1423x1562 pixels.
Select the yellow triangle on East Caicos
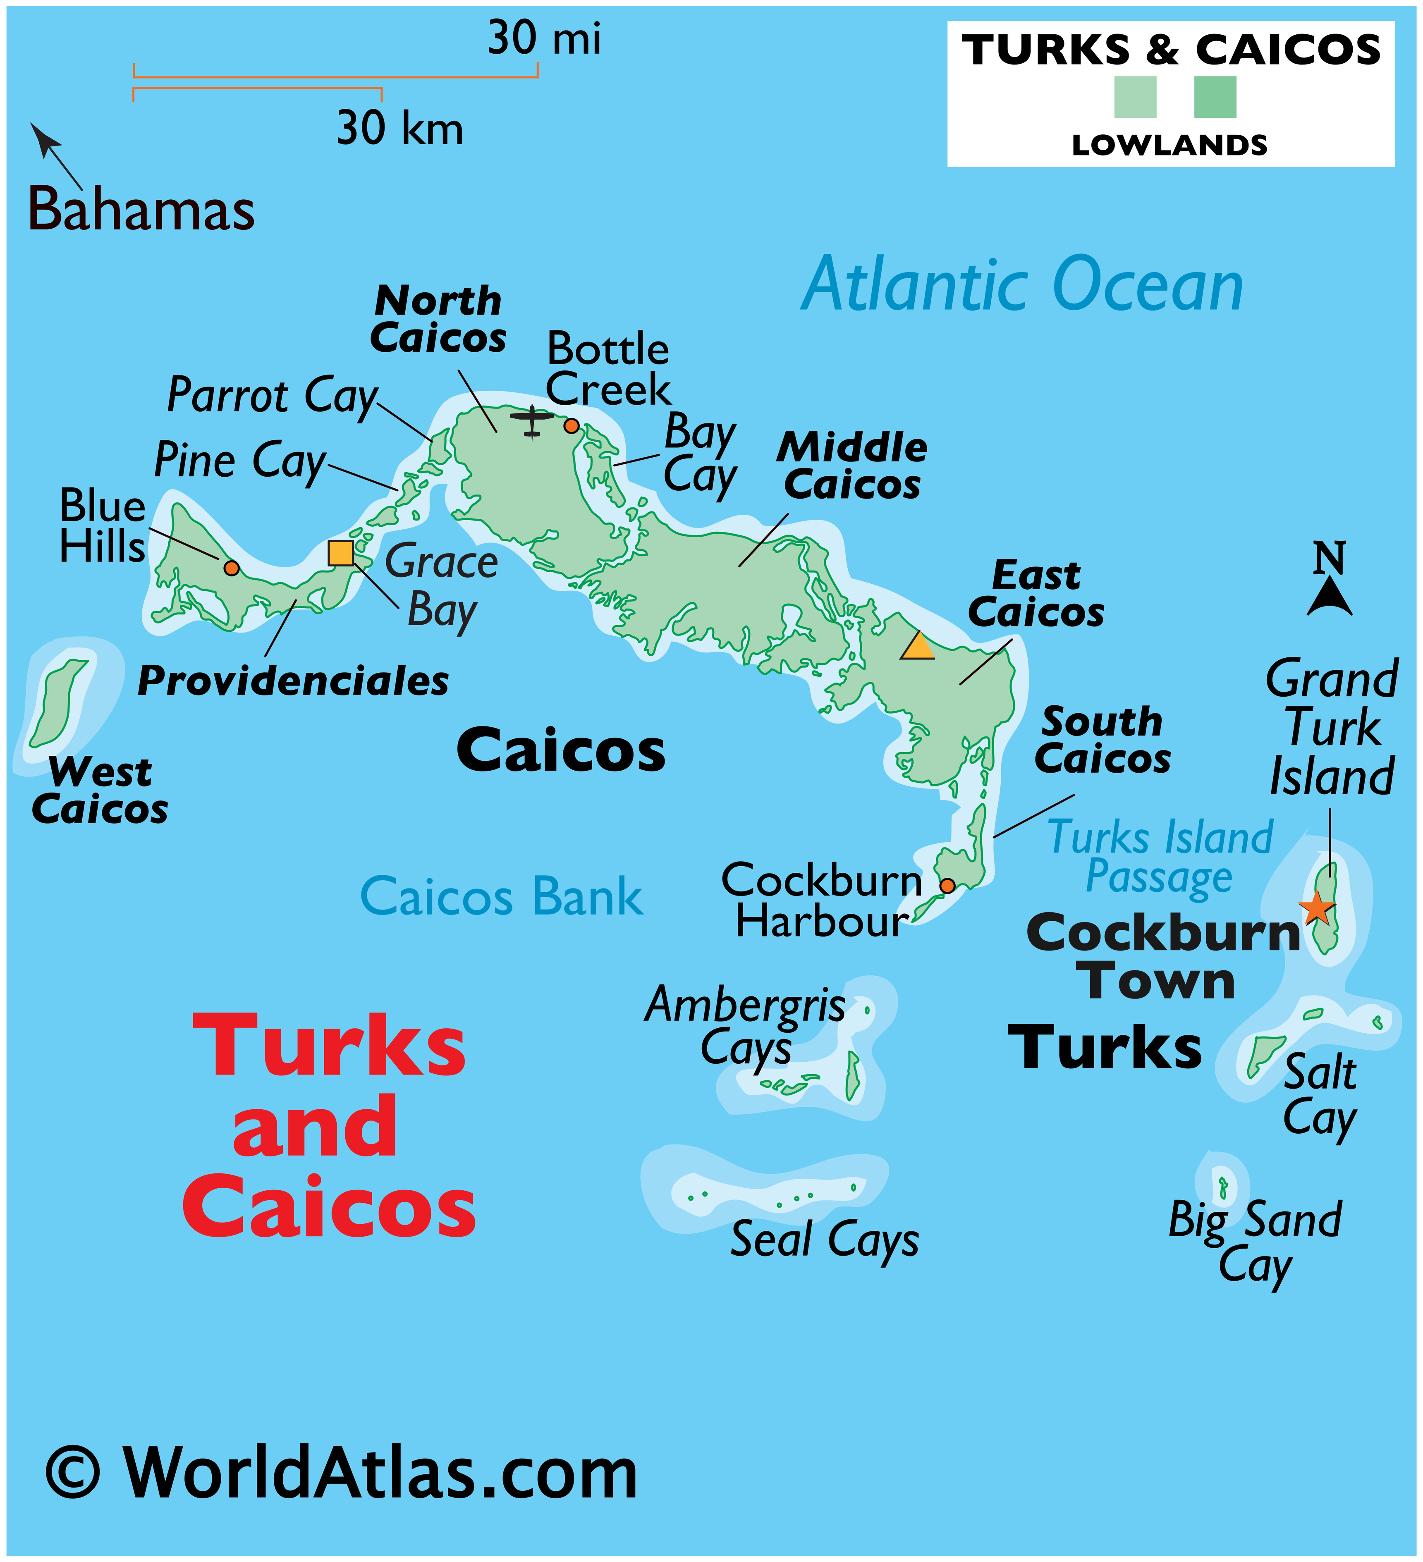pyautogui.click(x=918, y=646)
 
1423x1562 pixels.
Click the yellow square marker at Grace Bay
pyautogui.click(x=341, y=553)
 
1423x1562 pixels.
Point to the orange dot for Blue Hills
pyautogui.click(x=231, y=568)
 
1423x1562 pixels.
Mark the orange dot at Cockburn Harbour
pyautogui.click(x=947, y=886)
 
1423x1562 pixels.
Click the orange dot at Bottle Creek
pyautogui.click(x=571, y=425)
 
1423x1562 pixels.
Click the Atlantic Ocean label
pyautogui.click(x=1021, y=285)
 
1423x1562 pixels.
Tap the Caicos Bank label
pyautogui.click(x=502, y=896)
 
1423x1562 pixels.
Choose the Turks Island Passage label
pyautogui.click(x=1160, y=857)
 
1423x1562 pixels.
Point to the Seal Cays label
pyautogui.click(x=825, y=1239)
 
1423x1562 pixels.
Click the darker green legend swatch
pyautogui.click(x=1215, y=97)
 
